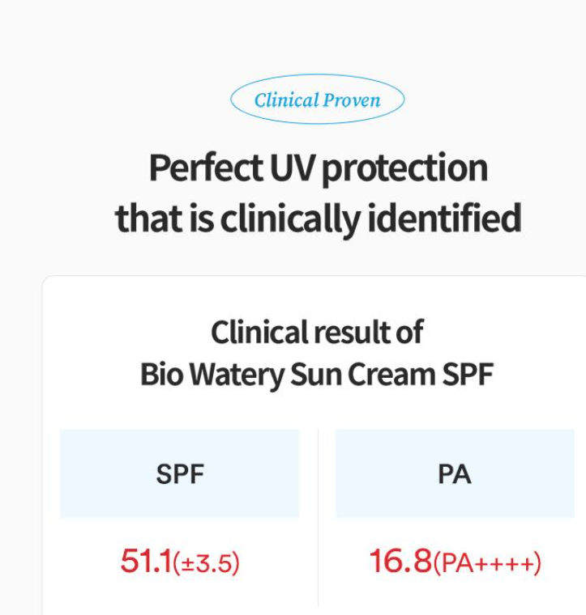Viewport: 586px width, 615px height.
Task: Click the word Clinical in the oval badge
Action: pos(286,100)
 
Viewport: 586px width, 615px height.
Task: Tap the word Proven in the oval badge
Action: pos(352,100)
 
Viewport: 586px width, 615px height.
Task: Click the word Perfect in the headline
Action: pos(206,168)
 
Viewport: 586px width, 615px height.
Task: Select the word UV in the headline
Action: pos(293,168)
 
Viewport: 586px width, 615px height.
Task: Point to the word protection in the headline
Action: pos(405,169)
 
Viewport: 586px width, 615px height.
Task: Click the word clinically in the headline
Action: pos(289,218)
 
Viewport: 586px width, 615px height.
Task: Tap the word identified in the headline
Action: pos(444,217)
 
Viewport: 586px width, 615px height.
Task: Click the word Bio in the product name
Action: pos(162,374)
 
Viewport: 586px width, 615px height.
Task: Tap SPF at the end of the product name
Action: pos(468,374)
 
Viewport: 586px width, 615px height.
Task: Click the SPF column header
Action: pos(180,474)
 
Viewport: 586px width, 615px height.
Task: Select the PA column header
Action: pos(455,474)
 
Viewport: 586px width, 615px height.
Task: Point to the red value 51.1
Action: pos(146,561)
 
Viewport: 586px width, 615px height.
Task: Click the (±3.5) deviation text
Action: pos(206,563)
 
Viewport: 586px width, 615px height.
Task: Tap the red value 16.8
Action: pos(400,561)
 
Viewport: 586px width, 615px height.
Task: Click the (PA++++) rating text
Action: pos(487,563)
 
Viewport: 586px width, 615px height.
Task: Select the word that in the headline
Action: pos(150,218)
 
